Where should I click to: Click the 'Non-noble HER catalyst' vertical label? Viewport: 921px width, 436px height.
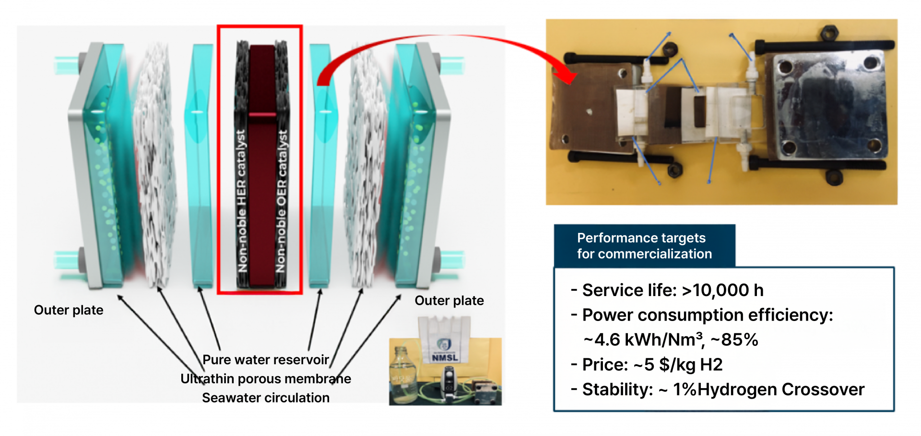242,201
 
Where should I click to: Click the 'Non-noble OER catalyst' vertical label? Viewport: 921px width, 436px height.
282,201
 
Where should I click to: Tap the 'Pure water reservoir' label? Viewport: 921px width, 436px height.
266,360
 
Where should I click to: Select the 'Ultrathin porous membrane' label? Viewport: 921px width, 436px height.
266,379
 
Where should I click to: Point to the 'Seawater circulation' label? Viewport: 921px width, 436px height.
266,398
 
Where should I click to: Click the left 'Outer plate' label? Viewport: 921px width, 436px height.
69,310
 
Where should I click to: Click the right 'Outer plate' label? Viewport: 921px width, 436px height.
449,301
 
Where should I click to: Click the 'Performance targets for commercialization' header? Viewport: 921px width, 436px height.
644,246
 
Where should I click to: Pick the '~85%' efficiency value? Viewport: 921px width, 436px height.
734,340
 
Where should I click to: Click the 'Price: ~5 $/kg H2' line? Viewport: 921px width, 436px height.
648,365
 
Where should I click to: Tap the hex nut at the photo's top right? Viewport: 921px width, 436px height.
829,33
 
